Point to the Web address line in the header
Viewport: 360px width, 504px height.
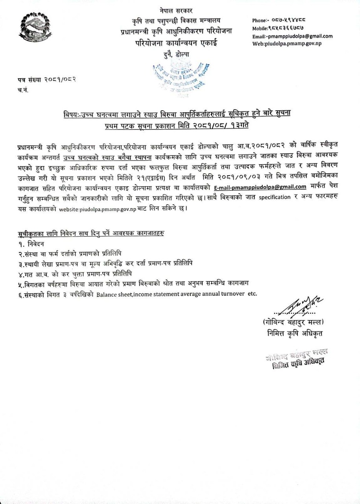pyautogui.click(x=287, y=43)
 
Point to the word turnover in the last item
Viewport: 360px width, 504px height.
pyautogui.click(x=233, y=295)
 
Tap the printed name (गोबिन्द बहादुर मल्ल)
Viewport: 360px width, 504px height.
pyautogui.click(x=294, y=322)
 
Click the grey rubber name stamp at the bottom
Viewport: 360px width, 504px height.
pyautogui.click(x=297, y=358)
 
